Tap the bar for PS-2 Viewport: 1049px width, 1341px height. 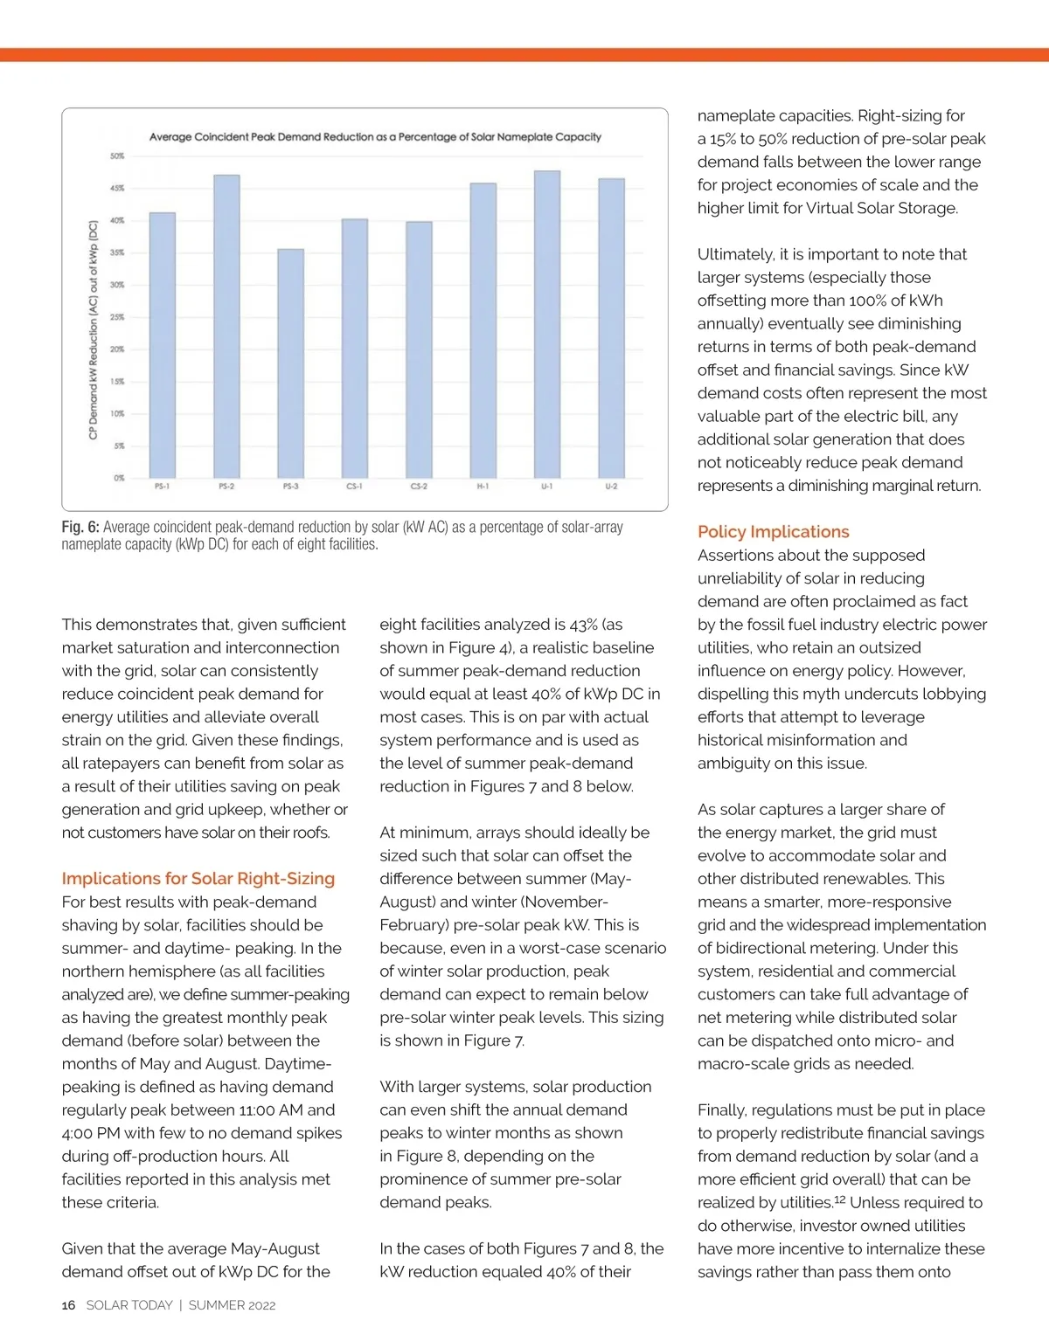tap(226, 327)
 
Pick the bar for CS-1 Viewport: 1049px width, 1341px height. tap(355, 349)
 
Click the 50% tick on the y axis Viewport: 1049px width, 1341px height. tap(117, 156)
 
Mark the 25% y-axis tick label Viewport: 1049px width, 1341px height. tap(117, 317)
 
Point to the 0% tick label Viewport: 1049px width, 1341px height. tap(119, 478)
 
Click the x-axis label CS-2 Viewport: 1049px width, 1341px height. tap(419, 487)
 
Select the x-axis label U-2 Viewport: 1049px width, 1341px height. tap(611, 487)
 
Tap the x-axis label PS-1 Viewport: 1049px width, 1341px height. tap(162, 487)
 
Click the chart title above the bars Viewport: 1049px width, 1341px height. tap(375, 137)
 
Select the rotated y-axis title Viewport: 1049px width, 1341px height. tap(93, 329)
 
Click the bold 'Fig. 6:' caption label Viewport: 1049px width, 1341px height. tap(80, 528)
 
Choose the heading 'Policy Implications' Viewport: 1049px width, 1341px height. tap(773, 532)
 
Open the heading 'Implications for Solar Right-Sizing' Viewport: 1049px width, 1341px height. tap(198, 879)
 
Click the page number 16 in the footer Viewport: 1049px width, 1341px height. tap(68, 1305)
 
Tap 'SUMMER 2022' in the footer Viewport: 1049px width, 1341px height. tap(232, 1305)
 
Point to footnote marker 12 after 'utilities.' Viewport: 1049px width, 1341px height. tap(839, 1199)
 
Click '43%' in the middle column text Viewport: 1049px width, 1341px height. tap(585, 625)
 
